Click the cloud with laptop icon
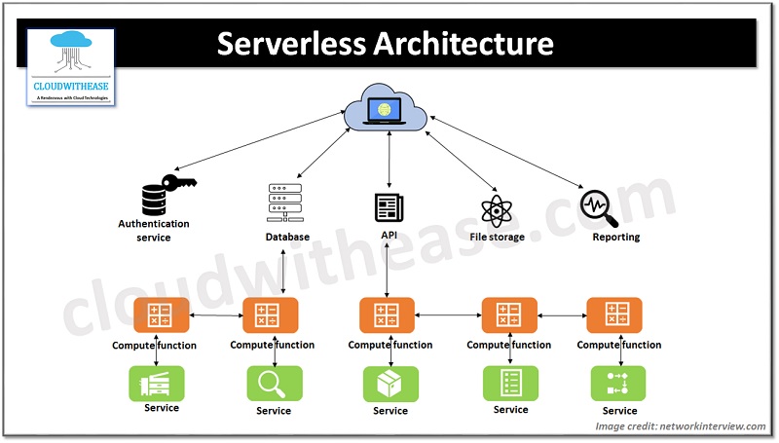pyautogui.click(x=388, y=108)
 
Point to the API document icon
pyautogui.click(x=389, y=207)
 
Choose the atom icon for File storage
pyautogui.click(x=496, y=208)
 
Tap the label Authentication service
pyautogui.click(x=154, y=230)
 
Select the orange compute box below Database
pyautogui.click(x=270, y=316)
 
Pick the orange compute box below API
pyautogui.click(x=388, y=316)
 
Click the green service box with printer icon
pyautogui.click(x=157, y=383)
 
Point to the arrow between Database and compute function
pyautogui.click(x=283, y=271)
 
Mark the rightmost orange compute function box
pyautogui.click(x=615, y=316)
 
